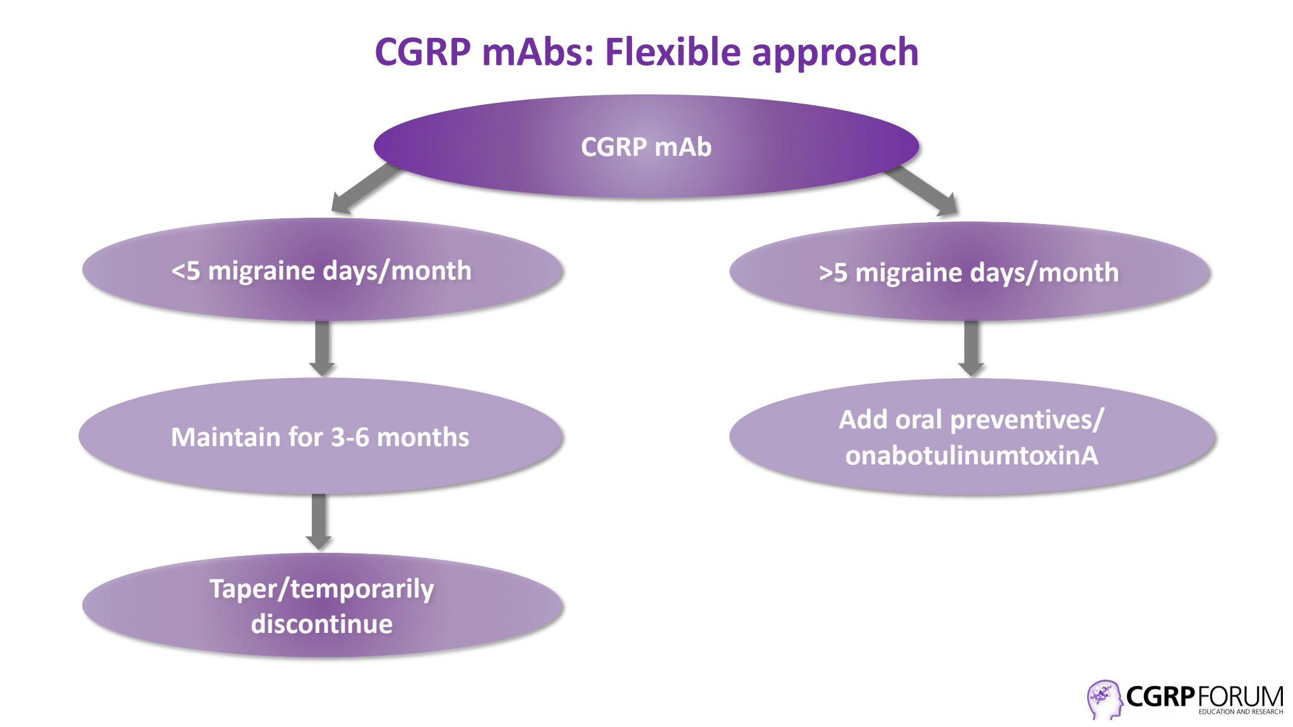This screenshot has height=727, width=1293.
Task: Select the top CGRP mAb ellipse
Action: pos(646,146)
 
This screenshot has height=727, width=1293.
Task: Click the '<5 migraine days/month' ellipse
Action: pos(322,270)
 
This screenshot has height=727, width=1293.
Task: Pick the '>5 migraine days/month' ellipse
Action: pos(970,271)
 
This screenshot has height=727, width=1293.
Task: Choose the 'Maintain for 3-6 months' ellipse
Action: pos(321,436)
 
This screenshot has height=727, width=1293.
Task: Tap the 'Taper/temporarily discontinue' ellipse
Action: pos(322,606)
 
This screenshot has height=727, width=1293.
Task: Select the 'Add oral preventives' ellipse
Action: pos(972,437)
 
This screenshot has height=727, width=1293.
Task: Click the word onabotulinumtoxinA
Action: pos(972,456)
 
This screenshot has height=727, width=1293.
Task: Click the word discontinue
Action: pos(322,624)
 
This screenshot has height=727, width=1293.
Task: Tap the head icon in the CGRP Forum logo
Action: pos(1104,699)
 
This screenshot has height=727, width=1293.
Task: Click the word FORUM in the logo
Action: pos(1240,697)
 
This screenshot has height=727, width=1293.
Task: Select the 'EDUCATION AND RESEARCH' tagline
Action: pos(1241,712)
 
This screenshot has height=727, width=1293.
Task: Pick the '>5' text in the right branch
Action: pos(833,273)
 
